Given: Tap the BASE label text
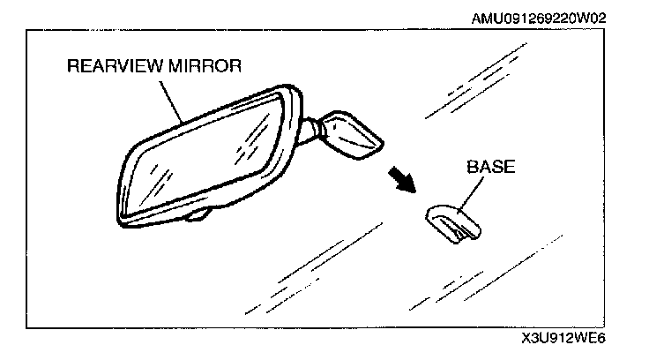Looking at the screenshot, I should [x=490, y=166].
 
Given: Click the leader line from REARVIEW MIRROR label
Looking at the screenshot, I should [x=173, y=101].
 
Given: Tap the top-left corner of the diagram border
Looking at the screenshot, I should [x=27, y=31].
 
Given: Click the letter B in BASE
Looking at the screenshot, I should [x=472, y=166].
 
